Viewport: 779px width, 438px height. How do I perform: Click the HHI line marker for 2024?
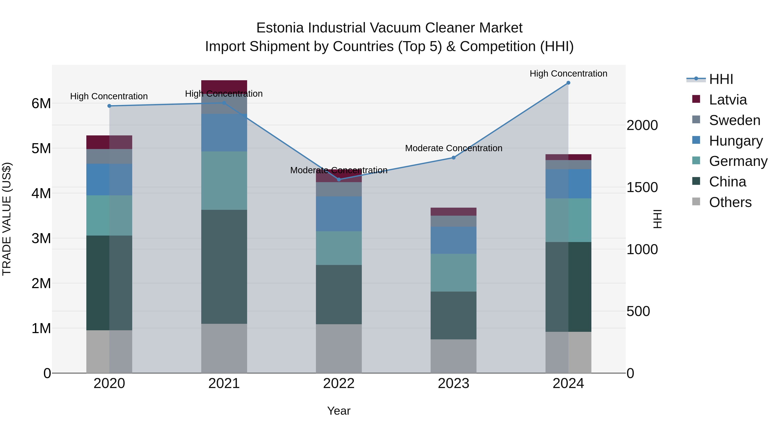(x=568, y=83)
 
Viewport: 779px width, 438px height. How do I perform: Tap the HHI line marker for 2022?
(x=339, y=180)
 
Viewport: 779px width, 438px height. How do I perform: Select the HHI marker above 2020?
(x=109, y=106)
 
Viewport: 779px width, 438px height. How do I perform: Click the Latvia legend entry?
(x=727, y=100)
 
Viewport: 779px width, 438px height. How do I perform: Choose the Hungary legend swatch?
(x=696, y=140)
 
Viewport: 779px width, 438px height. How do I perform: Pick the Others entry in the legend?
(x=730, y=202)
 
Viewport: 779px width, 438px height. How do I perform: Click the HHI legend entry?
(x=721, y=79)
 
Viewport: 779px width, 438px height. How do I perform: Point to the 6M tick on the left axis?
(x=41, y=104)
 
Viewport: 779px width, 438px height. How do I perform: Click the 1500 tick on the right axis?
(x=642, y=187)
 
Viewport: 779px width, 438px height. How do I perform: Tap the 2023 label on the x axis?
(x=453, y=383)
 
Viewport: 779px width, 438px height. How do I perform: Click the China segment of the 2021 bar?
(x=224, y=267)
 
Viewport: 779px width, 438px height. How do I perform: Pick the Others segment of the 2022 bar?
(x=339, y=348)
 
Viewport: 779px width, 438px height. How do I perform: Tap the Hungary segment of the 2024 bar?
(x=568, y=184)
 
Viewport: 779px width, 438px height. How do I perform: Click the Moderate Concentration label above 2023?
(x=453, y=148)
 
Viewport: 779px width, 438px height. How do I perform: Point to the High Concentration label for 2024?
(x=568, y=74)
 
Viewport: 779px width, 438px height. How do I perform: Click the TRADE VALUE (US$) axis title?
(x=7, y=219)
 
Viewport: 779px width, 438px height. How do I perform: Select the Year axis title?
(x=339, y=411)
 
